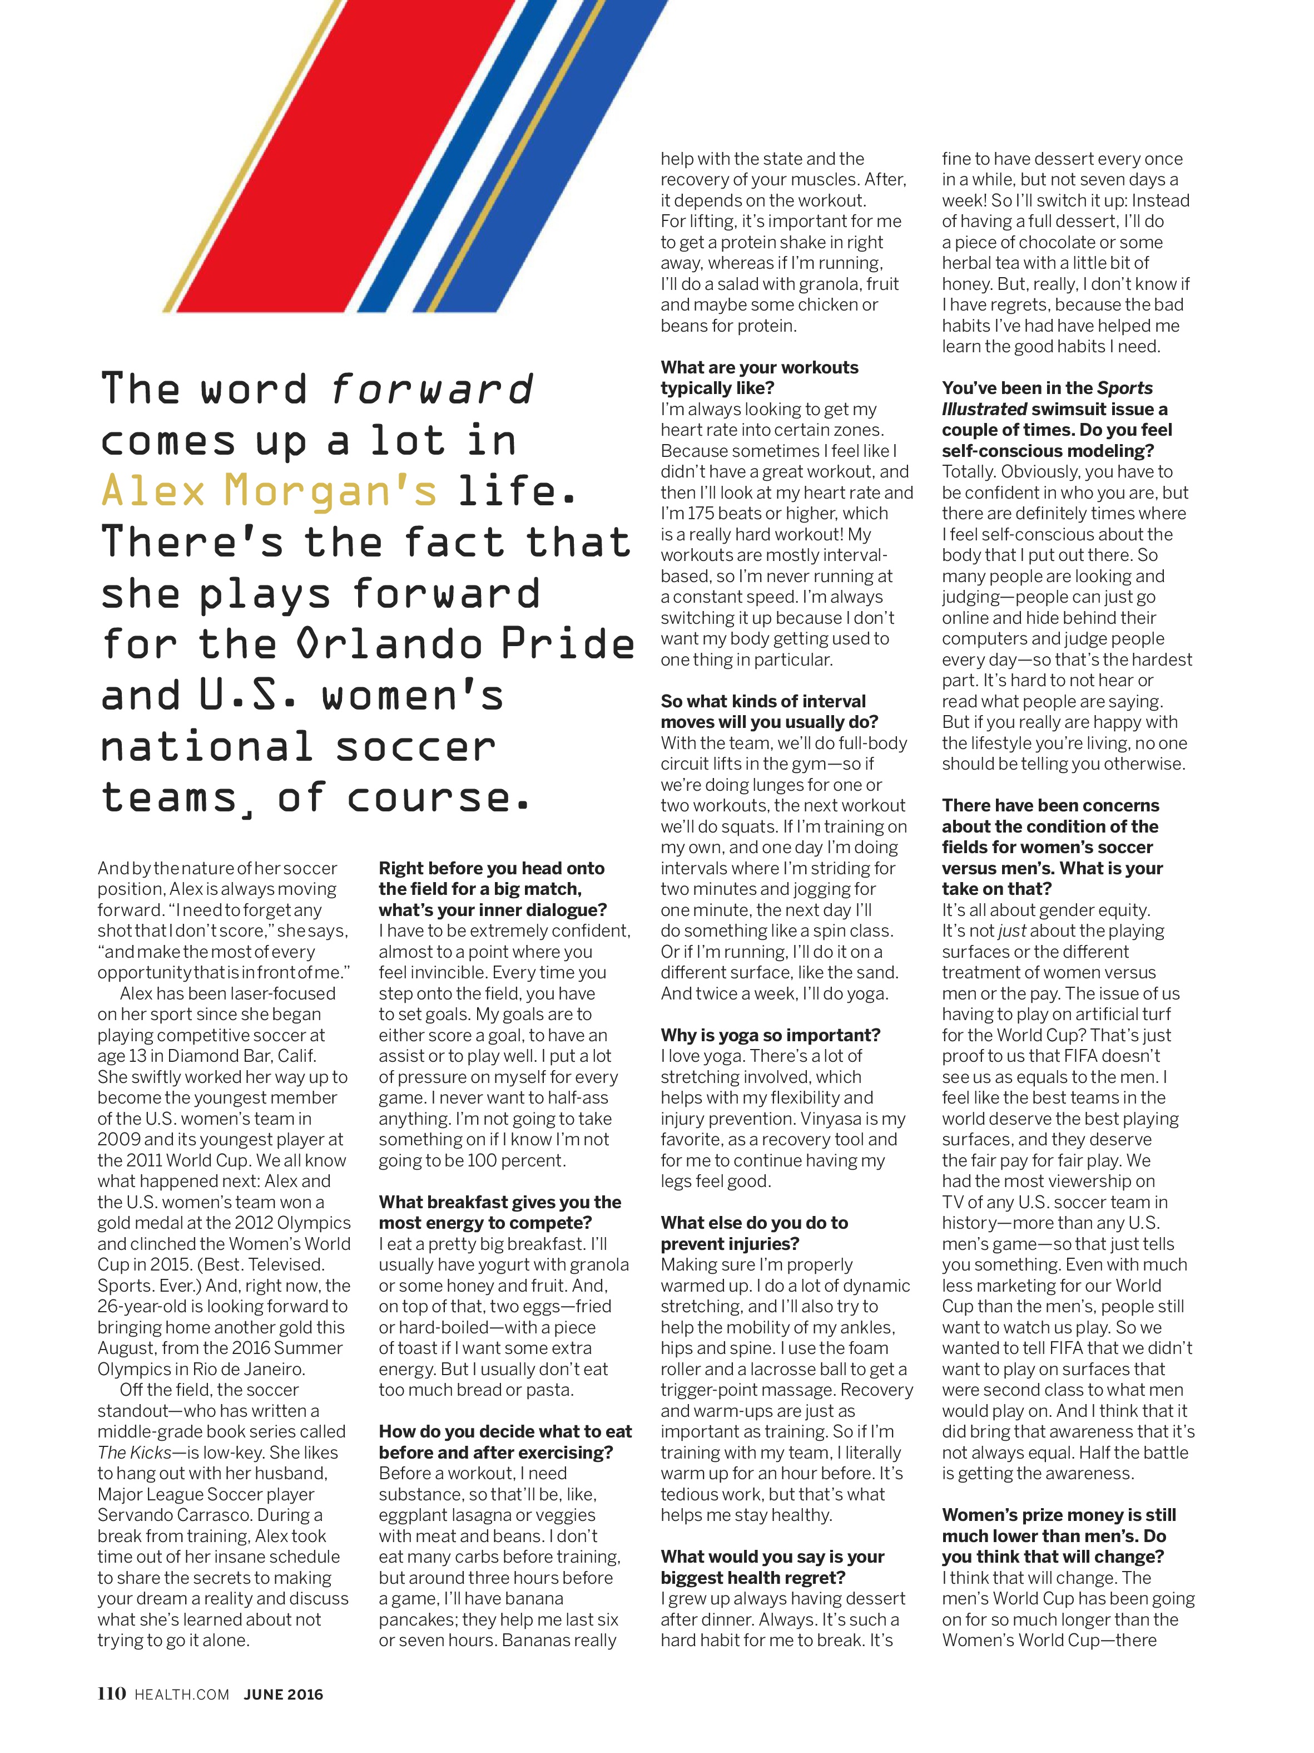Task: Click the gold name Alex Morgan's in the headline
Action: (269, 490)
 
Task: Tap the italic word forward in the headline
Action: (432, 389)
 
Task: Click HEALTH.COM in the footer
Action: (181, 1695)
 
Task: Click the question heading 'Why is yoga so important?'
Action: (770, 1035)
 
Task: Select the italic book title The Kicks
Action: (134, 1452)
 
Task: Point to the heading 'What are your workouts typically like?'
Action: (759, 377)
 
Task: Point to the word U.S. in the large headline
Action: (247, 695)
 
